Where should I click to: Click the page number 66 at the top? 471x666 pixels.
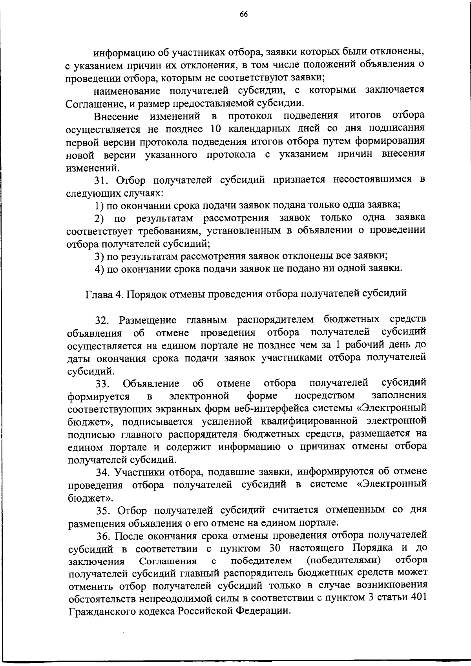click(243, 15)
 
